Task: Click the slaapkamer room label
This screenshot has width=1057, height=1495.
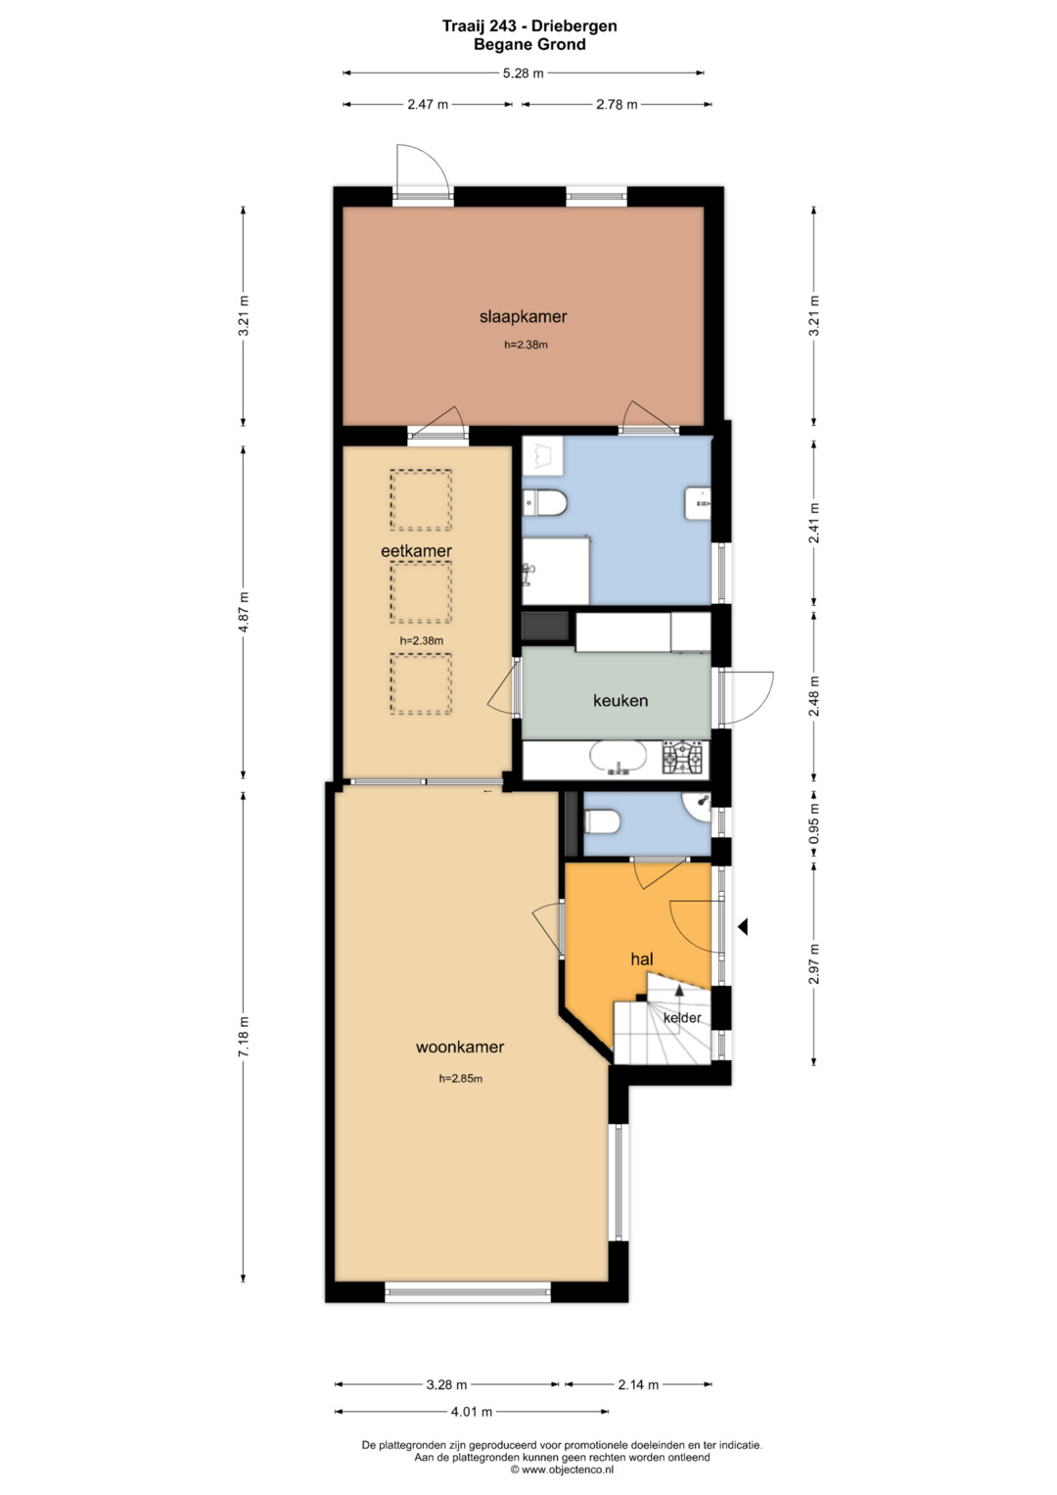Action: click(524, 316)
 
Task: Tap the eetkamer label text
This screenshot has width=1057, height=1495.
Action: click(416, 550)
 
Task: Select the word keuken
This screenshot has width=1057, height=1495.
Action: click(620, 700)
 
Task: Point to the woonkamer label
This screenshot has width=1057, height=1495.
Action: click(460, 1047)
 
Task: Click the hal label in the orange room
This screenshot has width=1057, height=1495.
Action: click(642, 959)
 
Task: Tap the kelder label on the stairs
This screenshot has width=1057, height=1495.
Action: click(682, 1018)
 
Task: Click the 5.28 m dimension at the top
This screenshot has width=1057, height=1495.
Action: click(524, 73)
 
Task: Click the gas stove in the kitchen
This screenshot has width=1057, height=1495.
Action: click(682, 760)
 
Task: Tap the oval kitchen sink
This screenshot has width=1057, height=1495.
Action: click(619, 759)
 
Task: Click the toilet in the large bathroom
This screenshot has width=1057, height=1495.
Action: click(544, 502)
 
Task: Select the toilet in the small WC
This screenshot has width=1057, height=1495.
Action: click(603, 821)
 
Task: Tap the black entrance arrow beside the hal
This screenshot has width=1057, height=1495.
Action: click(742, 927)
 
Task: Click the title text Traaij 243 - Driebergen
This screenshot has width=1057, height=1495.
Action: click(529, 26)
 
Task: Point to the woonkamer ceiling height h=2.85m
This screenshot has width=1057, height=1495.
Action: click(460, 1078)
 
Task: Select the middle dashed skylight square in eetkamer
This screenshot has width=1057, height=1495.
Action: click(421, 592)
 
